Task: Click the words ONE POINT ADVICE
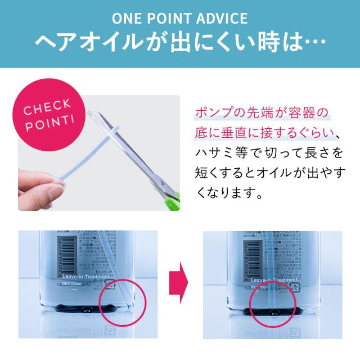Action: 179,18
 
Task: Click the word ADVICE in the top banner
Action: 220,18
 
